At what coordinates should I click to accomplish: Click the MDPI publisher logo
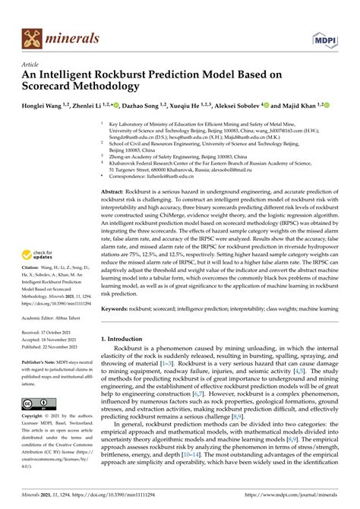pos(324,37)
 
